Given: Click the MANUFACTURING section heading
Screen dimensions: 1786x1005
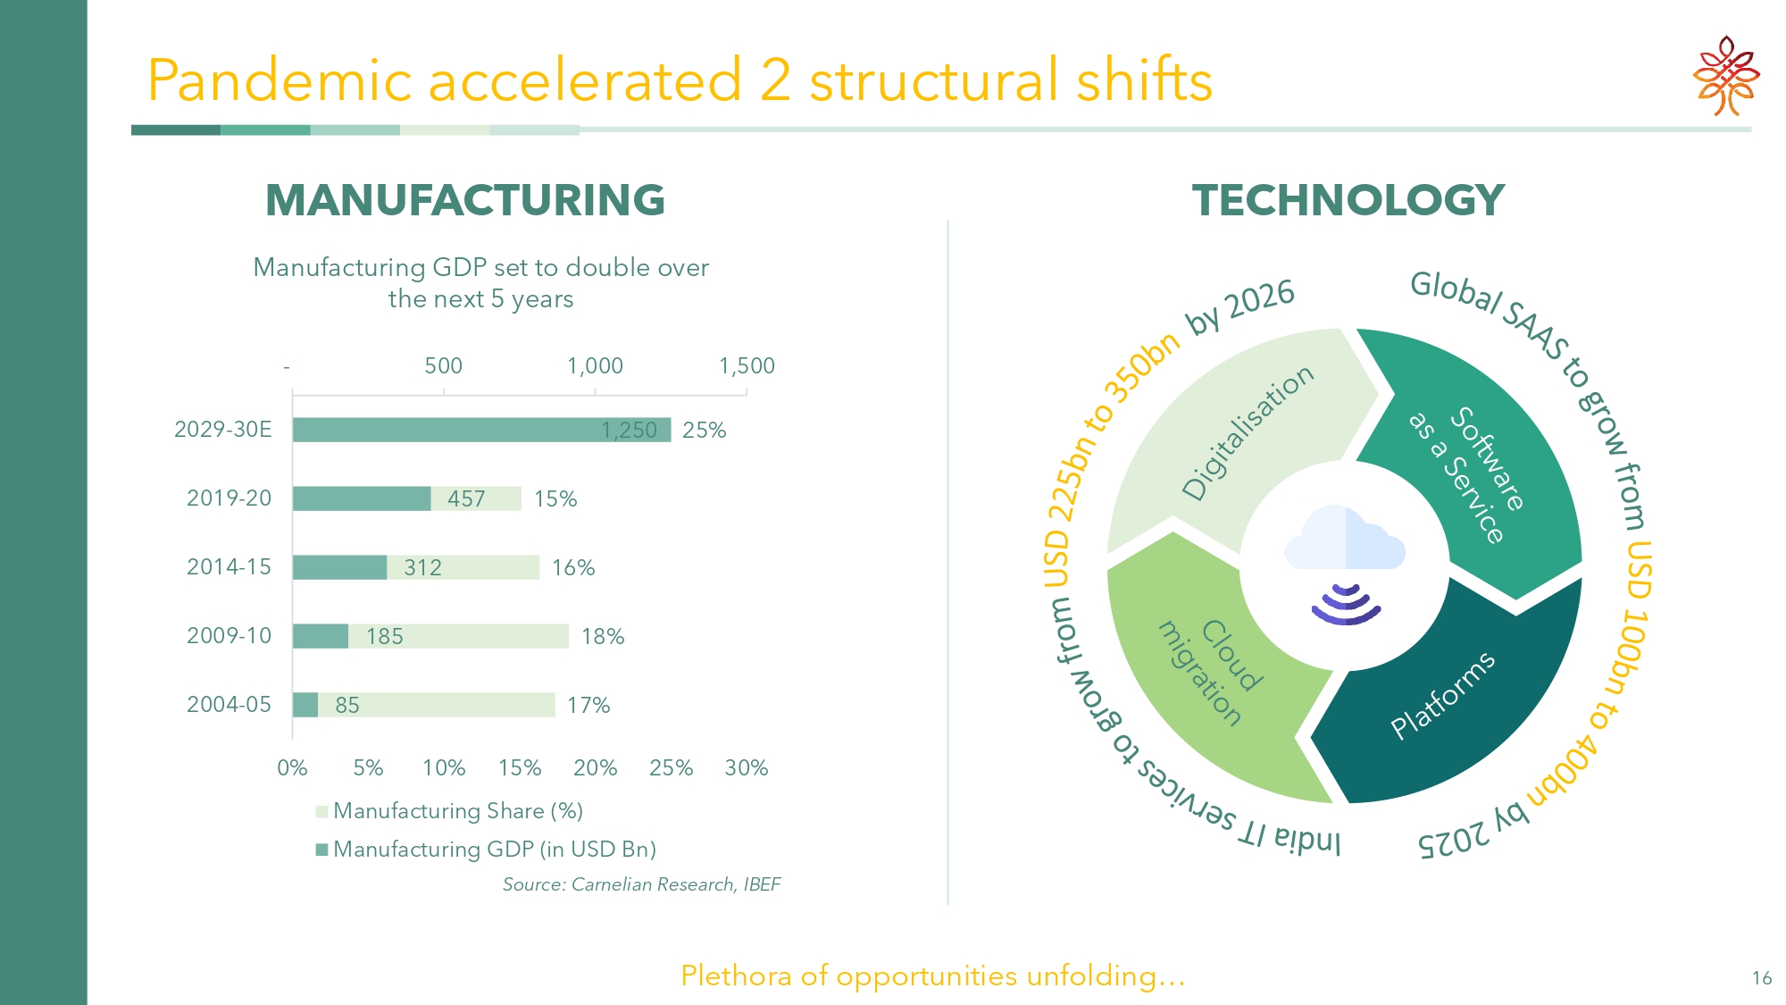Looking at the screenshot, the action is (x=465, y=200).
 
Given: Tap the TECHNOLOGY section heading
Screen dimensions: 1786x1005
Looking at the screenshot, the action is (x=1348, y=200).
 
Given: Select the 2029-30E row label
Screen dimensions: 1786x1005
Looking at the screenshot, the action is (x=223, y=430).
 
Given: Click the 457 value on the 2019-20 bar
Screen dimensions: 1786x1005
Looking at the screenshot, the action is (x=466, y=498).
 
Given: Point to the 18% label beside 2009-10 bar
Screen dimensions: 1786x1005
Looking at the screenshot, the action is (x=603, y=636).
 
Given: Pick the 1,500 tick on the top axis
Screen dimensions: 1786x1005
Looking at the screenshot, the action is (x=747, y=365).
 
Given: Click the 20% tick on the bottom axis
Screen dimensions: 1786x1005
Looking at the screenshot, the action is (x=596, y=767).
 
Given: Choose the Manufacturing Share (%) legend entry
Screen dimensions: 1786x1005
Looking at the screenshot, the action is (x=449, y=811).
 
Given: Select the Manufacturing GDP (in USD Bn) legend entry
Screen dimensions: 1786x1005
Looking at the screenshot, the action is (x=486, y=849).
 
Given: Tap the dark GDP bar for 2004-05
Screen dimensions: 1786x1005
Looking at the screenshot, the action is (x=305, y=705).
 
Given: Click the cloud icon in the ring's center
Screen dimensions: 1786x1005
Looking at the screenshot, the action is (x=1345, y=538).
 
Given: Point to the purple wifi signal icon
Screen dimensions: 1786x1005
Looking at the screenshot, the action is (x=1347, y=605).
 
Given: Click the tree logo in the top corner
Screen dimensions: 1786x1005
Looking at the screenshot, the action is (x=1726, y=76).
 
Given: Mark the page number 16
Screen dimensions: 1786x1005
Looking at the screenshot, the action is (x=1762, y=978).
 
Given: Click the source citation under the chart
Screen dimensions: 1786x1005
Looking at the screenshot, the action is (x=641, y=884).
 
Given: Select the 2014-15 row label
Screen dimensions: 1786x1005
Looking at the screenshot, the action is (x=229, y=567).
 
